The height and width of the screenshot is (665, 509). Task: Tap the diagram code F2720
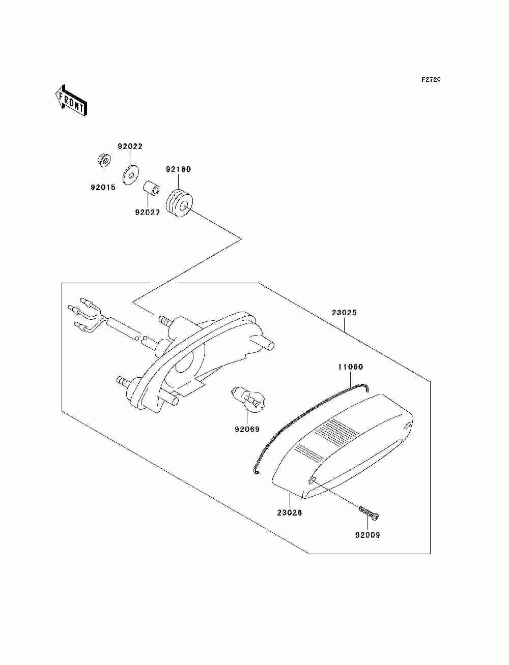click(x=431, y=80)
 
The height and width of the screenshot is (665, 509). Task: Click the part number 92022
click(x=130, y=146)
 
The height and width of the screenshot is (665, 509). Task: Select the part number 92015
click(x=103, y=187)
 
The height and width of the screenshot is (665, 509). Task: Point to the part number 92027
click(x=148, y=213)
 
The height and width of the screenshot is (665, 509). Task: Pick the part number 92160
click(x=178, y=169)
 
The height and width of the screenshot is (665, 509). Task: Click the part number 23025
click(x=344, y=313)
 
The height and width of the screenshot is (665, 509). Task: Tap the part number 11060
click(x=351, y=367)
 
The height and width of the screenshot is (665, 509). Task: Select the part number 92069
click(x=247, y=429)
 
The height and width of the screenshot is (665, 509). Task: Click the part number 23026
click(x=290, y=512)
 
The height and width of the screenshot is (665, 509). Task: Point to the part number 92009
click(x=367, y=535)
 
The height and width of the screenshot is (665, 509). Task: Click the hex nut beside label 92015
click(x=104, y=161)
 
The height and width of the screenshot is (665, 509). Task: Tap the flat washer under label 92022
click(x=132, y=174)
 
